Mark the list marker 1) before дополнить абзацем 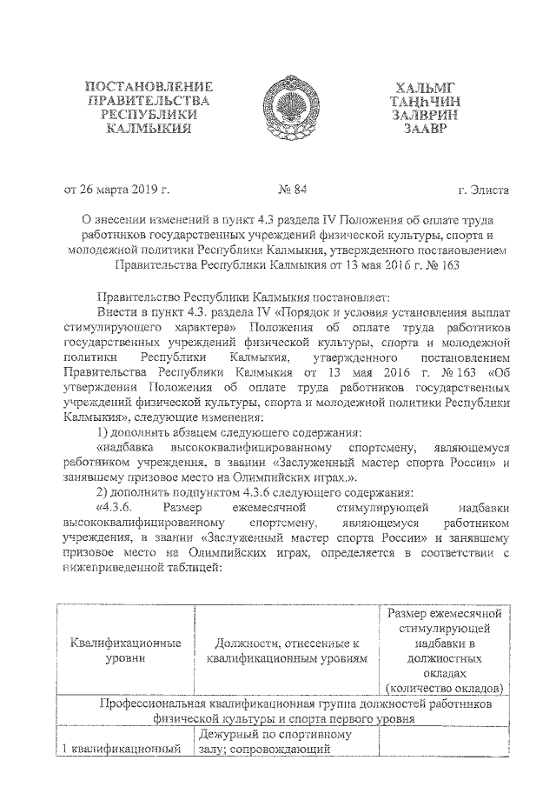pyautogui.click(x=102, y=433)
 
